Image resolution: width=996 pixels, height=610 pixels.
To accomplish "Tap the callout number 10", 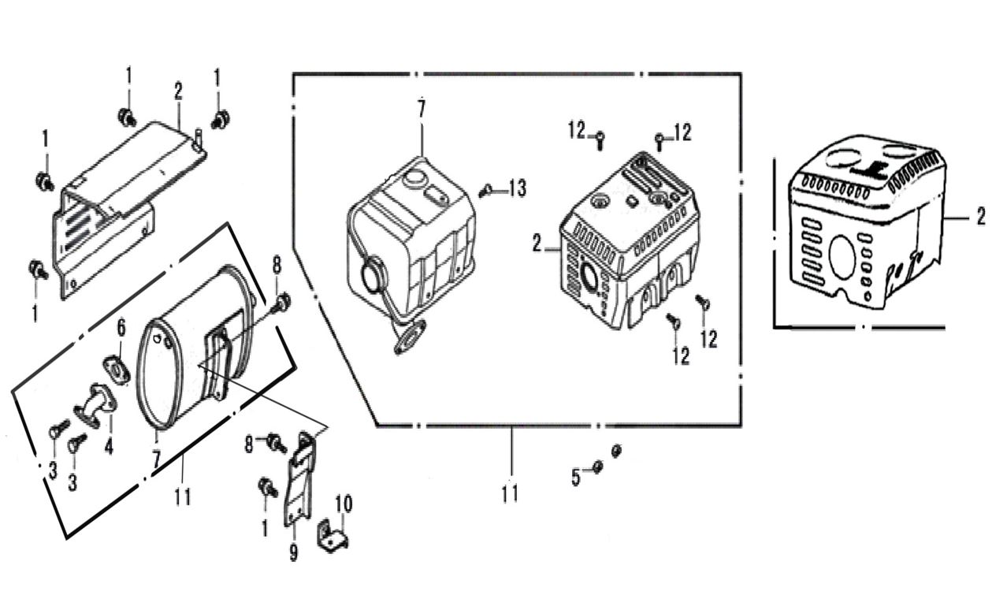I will click(344, 504).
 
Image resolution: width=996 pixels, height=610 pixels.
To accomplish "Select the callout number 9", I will click(294, 552).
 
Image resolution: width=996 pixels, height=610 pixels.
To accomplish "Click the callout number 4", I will click(109, 447).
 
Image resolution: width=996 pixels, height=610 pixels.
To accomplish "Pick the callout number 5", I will click(576, 477).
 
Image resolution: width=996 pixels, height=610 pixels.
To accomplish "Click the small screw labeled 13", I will click(489, 189).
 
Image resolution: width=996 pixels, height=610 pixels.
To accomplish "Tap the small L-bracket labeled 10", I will click(333, 537).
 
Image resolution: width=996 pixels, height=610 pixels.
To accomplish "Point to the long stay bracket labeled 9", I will click(299, 481).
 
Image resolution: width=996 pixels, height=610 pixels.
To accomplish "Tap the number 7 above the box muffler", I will click(422, 109).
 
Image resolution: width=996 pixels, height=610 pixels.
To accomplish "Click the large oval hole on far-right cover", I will click(842, 256).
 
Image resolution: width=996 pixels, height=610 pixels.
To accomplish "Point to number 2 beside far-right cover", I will click(980, 217).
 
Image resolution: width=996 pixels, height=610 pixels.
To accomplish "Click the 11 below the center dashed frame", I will click(510, 493).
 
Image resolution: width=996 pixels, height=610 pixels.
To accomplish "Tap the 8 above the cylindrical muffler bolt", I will click(277, 266).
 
